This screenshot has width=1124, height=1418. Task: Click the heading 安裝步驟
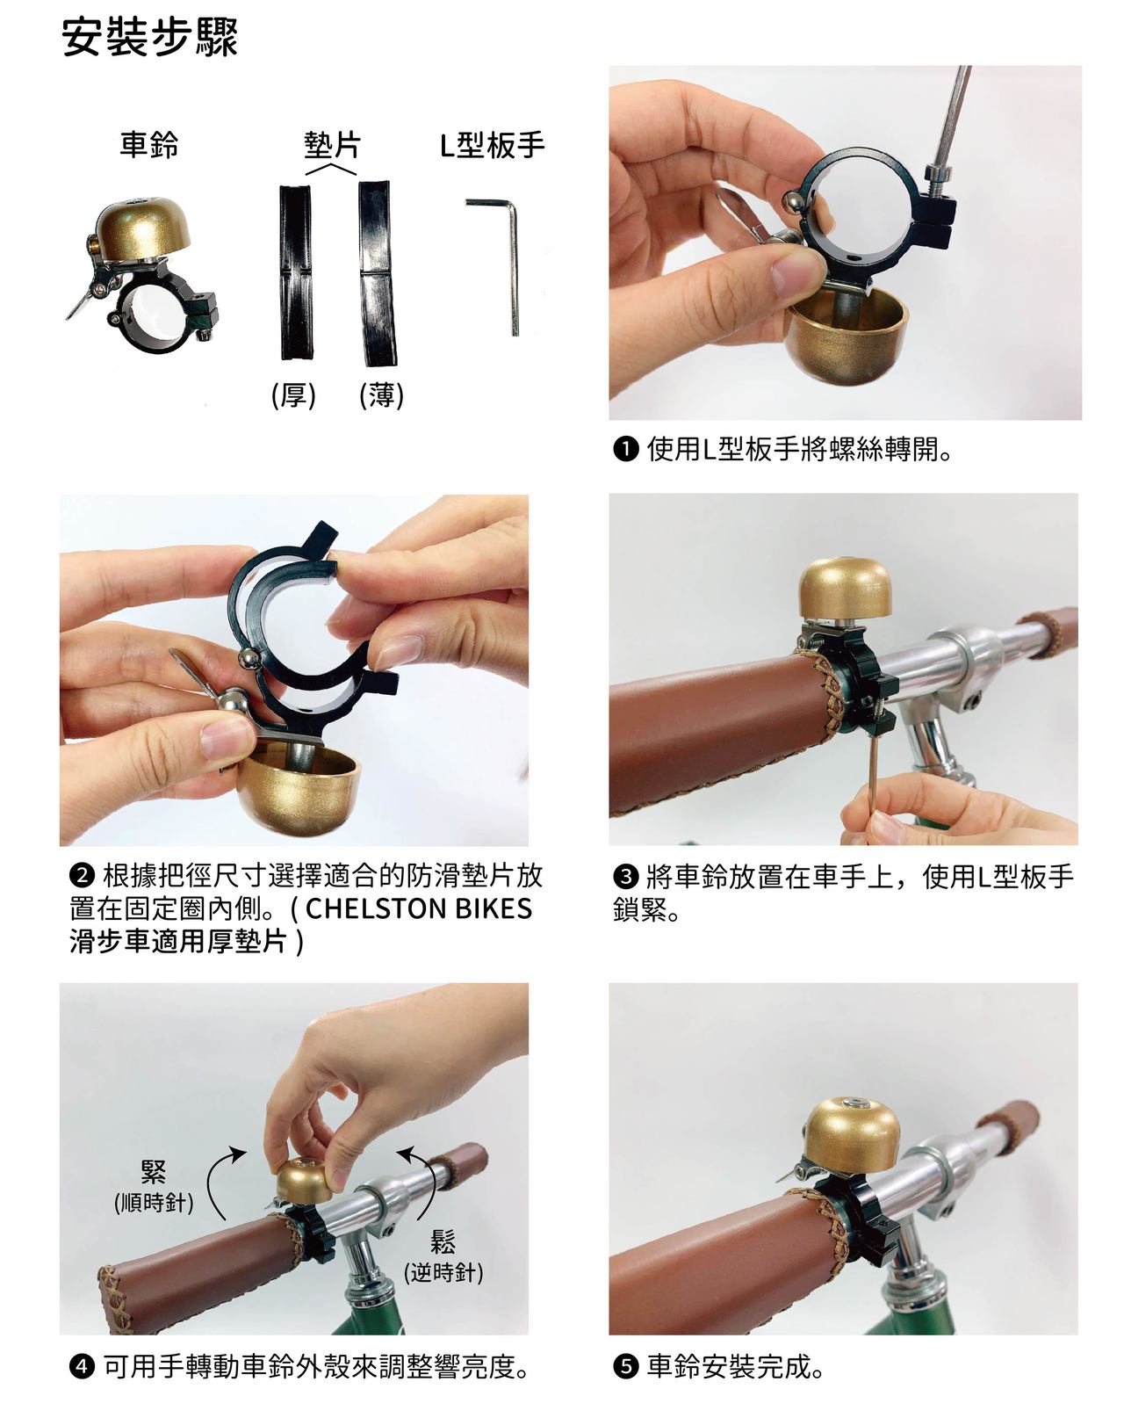tap(150, 39)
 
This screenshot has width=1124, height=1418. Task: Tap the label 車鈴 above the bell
tap(149, 144)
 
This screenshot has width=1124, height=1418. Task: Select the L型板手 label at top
tap(492, 144)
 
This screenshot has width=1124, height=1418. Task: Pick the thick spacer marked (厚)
tap(295, 272)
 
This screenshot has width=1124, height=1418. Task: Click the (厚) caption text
tap(293, 396)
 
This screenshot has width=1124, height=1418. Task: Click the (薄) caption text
tap(381, 396)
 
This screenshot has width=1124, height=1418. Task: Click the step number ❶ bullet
tap(625, 450)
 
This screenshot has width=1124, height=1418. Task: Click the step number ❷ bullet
tap(81, 876)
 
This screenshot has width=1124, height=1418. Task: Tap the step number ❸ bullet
tap(625, 876)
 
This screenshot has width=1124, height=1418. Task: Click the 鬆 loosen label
tap(443, 1241)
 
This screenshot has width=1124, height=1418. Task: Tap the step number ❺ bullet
tap(625, 1367)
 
